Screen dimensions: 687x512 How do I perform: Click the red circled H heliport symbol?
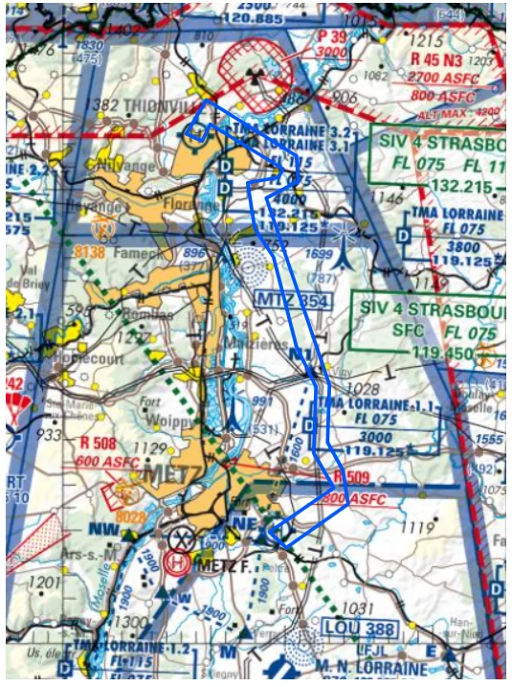pos(177,563)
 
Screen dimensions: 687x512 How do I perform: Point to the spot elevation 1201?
pos(44,581)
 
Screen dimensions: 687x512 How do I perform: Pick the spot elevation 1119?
pos(417,526)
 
